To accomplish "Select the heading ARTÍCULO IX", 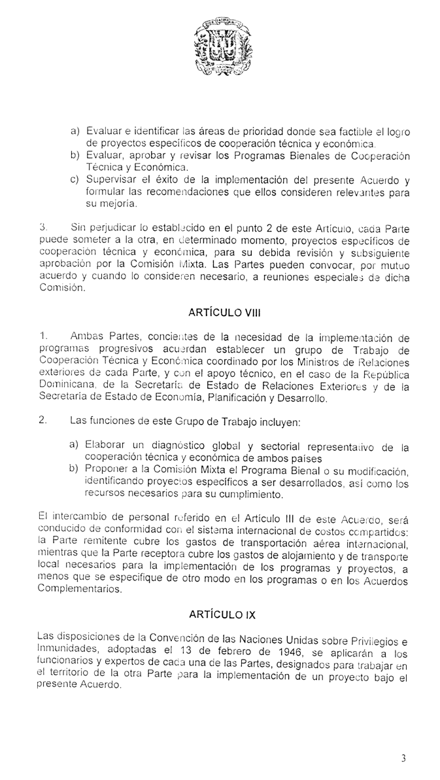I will pos(220,615).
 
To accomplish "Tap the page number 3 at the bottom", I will pos(403,758).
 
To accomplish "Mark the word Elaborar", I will pos(107,446).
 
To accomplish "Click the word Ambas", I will pos(84,338).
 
